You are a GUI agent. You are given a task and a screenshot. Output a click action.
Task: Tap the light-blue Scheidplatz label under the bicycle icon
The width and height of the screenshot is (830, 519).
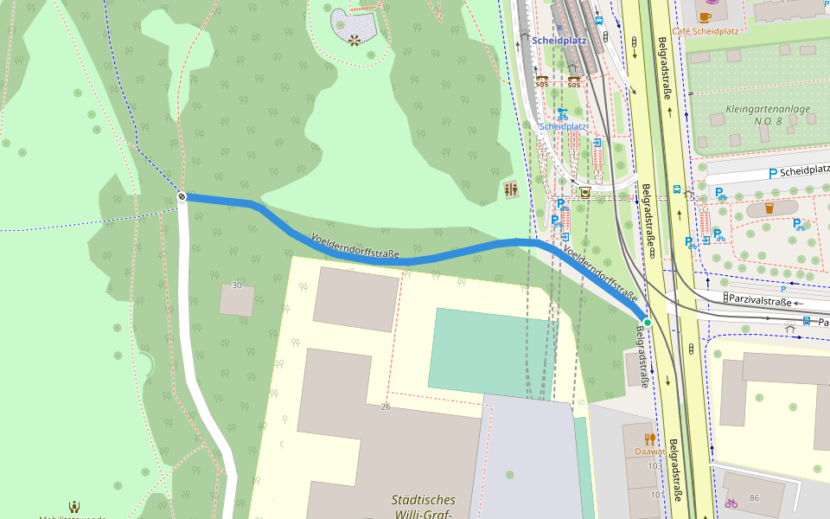pos(563,126)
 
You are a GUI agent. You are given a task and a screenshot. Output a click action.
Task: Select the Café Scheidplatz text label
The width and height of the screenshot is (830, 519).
pos(705,31)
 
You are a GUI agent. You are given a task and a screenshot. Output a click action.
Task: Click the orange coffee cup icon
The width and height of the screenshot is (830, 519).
pos(705,16)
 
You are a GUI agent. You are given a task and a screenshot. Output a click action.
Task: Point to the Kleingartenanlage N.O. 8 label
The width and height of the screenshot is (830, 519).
pos(768,115)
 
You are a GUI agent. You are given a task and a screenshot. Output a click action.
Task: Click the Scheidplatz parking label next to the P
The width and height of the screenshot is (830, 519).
pos(804,171)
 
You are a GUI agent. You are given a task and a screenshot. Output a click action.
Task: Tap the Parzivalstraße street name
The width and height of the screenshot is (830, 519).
pos(761,302)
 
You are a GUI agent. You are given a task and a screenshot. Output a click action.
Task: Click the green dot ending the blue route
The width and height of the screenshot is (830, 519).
pos(647,322)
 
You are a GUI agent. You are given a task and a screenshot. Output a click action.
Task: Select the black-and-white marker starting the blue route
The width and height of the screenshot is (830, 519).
pos(182,196)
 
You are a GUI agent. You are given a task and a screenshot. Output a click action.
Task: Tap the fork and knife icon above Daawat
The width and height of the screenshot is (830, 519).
pos(649,439)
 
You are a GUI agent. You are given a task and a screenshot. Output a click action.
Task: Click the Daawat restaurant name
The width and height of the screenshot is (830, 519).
pos(649,452)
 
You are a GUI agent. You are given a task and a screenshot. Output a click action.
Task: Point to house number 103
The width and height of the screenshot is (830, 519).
pos(654,466)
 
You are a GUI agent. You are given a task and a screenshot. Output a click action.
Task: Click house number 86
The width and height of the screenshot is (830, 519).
pos(754,497)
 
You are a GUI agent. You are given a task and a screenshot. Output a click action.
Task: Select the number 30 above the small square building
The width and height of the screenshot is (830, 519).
pos(237,285)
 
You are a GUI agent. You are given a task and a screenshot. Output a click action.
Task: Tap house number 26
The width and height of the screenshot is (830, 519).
pos(386,407)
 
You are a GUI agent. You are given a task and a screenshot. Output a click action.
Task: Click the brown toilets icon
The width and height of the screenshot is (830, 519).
pos(510,189)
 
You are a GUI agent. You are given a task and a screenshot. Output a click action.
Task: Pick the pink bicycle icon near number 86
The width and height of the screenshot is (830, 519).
pos(731,503)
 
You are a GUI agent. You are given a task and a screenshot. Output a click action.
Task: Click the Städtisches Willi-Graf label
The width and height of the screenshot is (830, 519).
pos(423,507)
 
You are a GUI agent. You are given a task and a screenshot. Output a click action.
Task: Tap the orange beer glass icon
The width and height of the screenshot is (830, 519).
pos(769,208)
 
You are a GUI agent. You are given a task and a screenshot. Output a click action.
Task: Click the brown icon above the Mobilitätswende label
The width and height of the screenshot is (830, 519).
pos(74,507)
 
